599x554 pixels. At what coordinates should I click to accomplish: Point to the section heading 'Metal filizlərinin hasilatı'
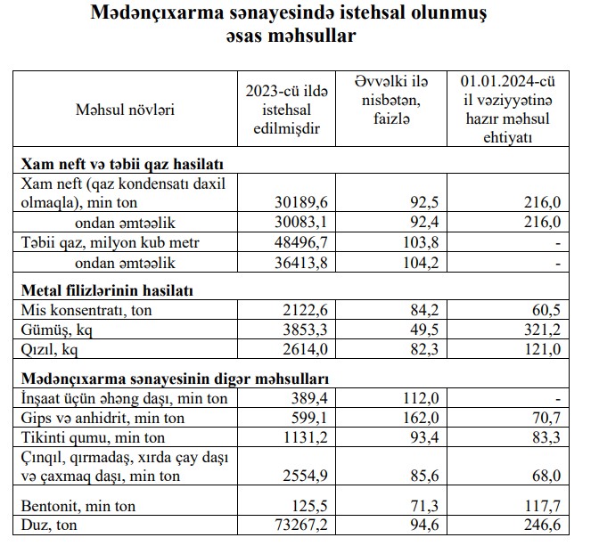(108, 290)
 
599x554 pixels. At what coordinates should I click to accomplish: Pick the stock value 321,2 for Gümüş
(542, 330)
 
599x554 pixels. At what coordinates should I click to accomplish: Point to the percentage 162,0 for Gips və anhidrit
(405, 416)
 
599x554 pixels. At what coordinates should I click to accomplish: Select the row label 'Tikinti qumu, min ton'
(86, 436)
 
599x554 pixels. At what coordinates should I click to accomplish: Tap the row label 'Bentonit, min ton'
(78, 506)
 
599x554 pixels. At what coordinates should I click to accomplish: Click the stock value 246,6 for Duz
(542, 525)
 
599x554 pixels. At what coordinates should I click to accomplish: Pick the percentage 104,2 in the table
(405, 262)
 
